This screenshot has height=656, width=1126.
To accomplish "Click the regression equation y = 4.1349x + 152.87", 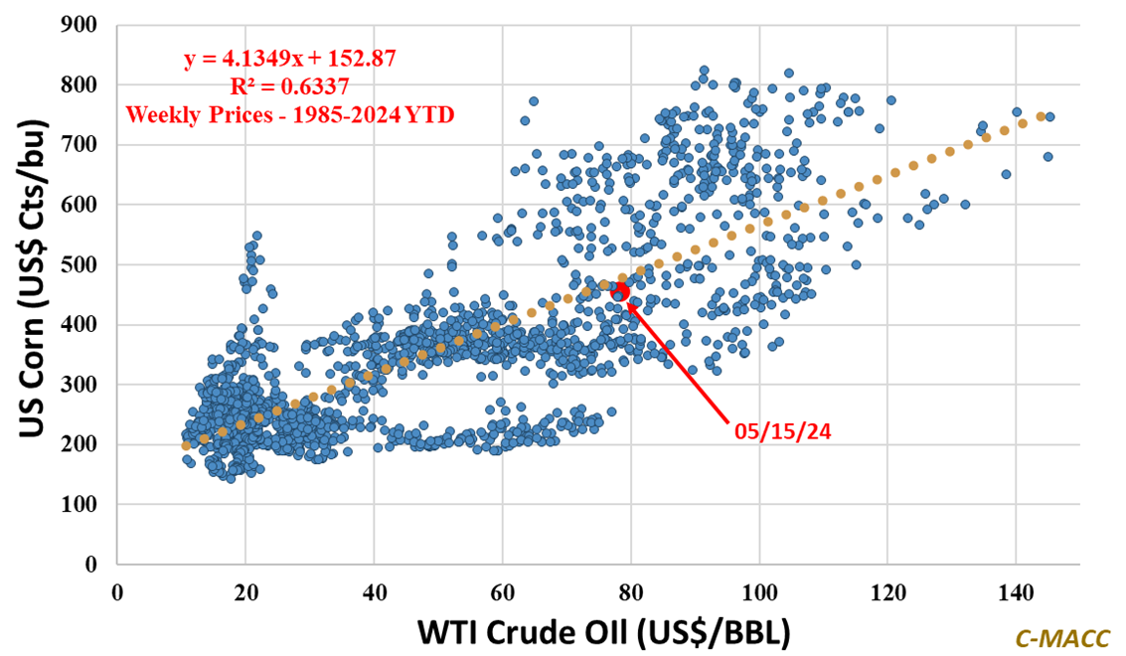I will pos(290,59).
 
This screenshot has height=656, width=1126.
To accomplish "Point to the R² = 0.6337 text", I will pos(290,87).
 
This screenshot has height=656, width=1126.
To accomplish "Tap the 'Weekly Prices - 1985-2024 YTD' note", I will pos(290,115).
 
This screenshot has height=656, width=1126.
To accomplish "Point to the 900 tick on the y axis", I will pos(82,25).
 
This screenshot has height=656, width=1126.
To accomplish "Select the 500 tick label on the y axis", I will pos(82,264).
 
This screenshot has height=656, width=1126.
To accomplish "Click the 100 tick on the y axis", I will pos(82,504).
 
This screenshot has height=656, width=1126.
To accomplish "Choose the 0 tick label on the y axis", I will pos(95,564).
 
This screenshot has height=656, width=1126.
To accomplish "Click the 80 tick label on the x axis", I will pos(631,589).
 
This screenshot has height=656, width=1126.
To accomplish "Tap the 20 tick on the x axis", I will pos(245,589).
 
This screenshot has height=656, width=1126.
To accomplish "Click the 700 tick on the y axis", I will pos(82,145).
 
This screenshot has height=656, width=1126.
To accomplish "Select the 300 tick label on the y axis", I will pos(82,385).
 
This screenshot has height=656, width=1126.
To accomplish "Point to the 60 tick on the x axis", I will pos(502,589).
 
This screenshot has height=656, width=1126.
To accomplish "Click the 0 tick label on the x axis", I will pos(117,589).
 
